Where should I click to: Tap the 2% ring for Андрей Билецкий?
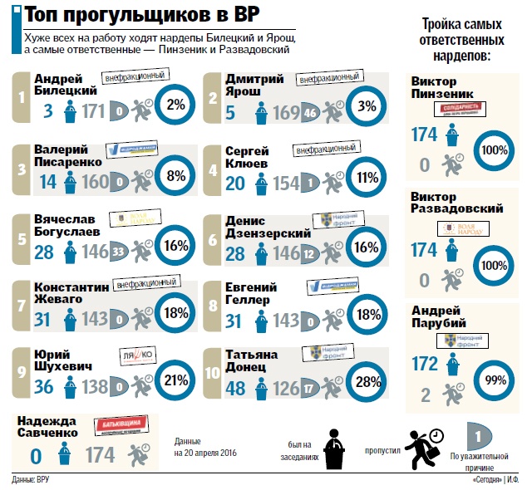(176, 105)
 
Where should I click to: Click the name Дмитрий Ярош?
(254, 84)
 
